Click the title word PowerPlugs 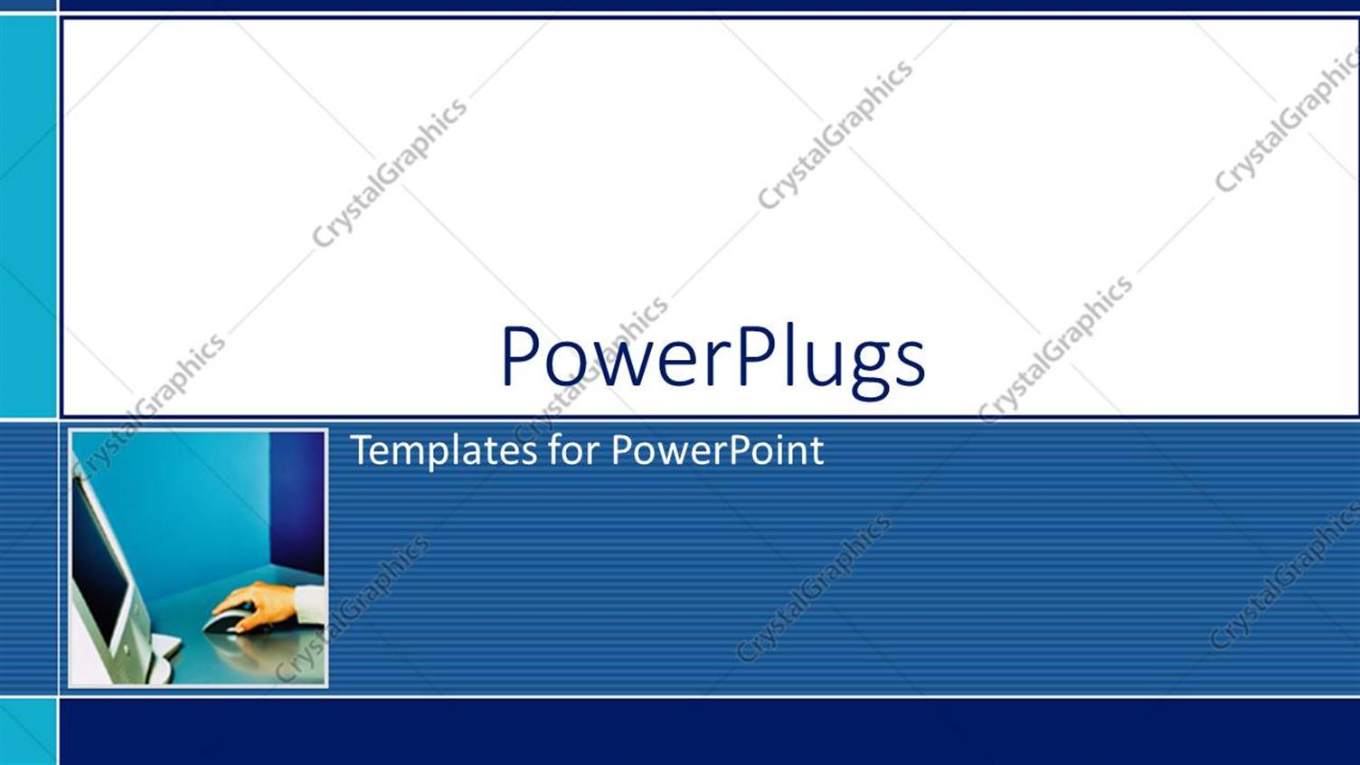click(713, 358)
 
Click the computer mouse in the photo click(226, 621)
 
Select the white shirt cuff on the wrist click(311, 604)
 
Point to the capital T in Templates click(361, 449)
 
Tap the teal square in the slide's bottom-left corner click(28, 732)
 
